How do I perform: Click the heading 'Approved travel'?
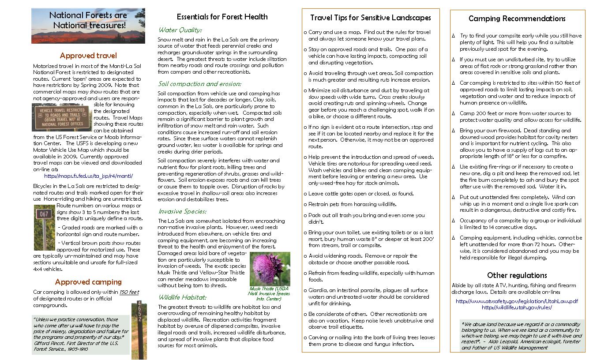(88, 56)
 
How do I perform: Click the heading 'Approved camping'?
(88, 282)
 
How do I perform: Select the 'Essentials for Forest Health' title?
(222, 17)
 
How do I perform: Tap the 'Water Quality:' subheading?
(180, 30)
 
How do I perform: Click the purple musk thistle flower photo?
(270, 268)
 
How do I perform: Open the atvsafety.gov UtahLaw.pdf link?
(517, 301)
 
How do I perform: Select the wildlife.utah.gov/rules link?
(517, 307)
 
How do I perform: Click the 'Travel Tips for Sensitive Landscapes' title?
(370, 18)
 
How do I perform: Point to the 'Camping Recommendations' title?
(517, 19)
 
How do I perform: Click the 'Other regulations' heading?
(517, 275)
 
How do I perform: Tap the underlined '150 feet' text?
(129, 292)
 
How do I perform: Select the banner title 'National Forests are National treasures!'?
(88, 21)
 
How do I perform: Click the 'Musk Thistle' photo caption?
(270, 293)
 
